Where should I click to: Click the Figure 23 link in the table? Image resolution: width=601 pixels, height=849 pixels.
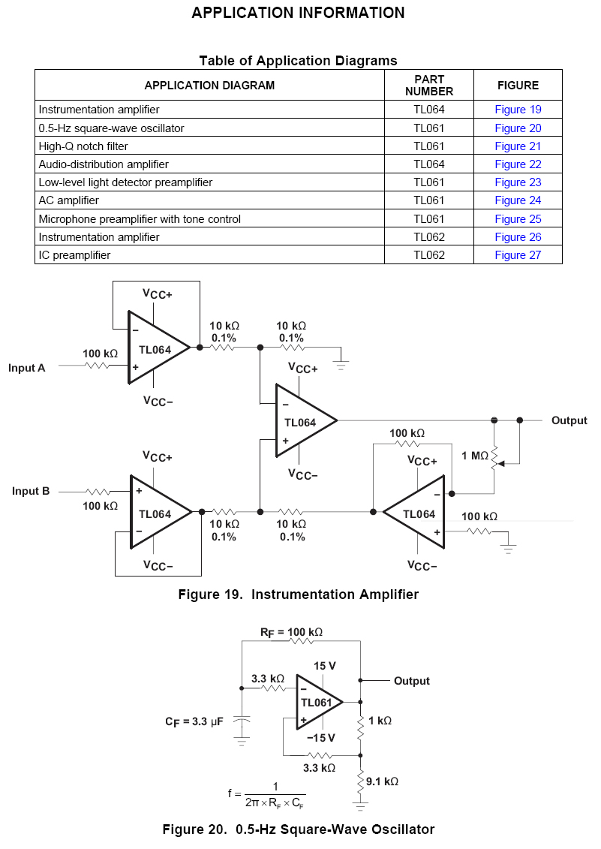tap(518, 182)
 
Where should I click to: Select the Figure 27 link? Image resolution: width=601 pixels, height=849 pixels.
tap(518, 255)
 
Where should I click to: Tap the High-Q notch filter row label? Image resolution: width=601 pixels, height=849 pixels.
tap(83, 146)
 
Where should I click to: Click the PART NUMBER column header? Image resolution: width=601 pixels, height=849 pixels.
tap(429, 85)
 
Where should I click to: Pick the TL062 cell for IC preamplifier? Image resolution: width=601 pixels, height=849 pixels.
tap(429, 255)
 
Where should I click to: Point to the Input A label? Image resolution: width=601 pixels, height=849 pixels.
tap(27, 368)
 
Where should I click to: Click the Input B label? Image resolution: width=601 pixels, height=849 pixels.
tap(31, 491)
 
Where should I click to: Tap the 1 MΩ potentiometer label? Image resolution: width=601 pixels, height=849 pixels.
tap(475, 456)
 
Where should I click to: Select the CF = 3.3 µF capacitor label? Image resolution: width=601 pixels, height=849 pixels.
tap(194, 721)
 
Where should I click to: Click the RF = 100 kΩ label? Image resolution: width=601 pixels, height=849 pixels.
tap(292, 632)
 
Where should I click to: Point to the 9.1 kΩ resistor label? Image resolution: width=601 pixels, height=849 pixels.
tap(383, 781)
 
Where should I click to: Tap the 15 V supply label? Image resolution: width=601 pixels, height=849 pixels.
tap(325, 666)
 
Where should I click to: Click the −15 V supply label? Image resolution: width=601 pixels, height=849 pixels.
tap(320, 738)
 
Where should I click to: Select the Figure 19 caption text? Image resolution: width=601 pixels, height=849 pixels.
tap(298, 595)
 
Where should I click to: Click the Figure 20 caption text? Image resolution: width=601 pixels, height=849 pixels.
tap(299, 829)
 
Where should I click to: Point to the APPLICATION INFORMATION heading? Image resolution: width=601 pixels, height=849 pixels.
tap(298, 13)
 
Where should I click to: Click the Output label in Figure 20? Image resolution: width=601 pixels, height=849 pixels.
tap(412, 681)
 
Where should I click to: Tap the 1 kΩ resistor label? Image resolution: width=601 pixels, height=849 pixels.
tap(380, 721)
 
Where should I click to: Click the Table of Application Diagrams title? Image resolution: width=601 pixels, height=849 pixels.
tap(298, 60)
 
